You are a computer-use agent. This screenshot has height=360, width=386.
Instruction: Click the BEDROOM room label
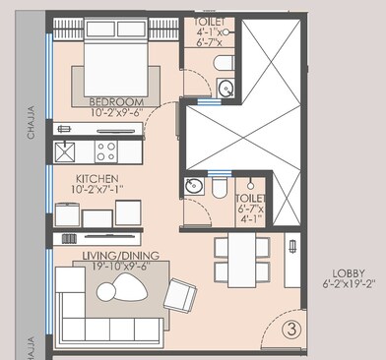point(116,101)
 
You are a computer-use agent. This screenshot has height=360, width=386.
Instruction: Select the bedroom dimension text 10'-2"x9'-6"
point(116,112)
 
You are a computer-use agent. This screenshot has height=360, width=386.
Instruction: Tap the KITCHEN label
point(96,180)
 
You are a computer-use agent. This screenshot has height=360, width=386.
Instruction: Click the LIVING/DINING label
point(112,255)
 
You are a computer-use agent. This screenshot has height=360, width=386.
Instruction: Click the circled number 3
point(291,331)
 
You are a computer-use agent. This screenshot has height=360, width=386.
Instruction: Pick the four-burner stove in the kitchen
point(104,151)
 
